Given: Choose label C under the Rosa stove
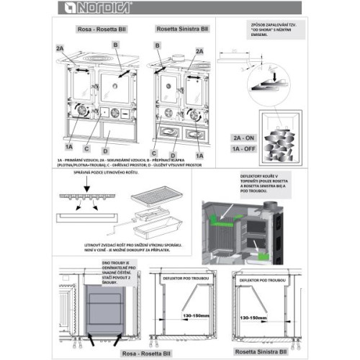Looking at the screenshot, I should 87,149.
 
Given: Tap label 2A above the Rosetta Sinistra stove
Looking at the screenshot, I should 199,51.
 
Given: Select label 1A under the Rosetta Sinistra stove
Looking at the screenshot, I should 199,155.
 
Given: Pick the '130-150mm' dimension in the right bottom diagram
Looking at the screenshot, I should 258,318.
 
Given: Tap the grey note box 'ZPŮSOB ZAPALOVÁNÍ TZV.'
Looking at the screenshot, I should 273,30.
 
